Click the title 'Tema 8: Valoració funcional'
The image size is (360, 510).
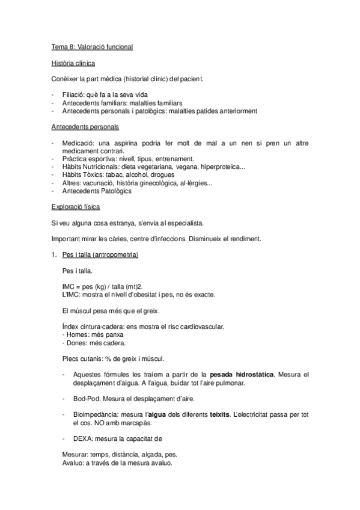(x=91, y=46)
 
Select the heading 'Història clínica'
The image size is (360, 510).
(x=73, y=63)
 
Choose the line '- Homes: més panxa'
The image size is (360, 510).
(x=89, y=334)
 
